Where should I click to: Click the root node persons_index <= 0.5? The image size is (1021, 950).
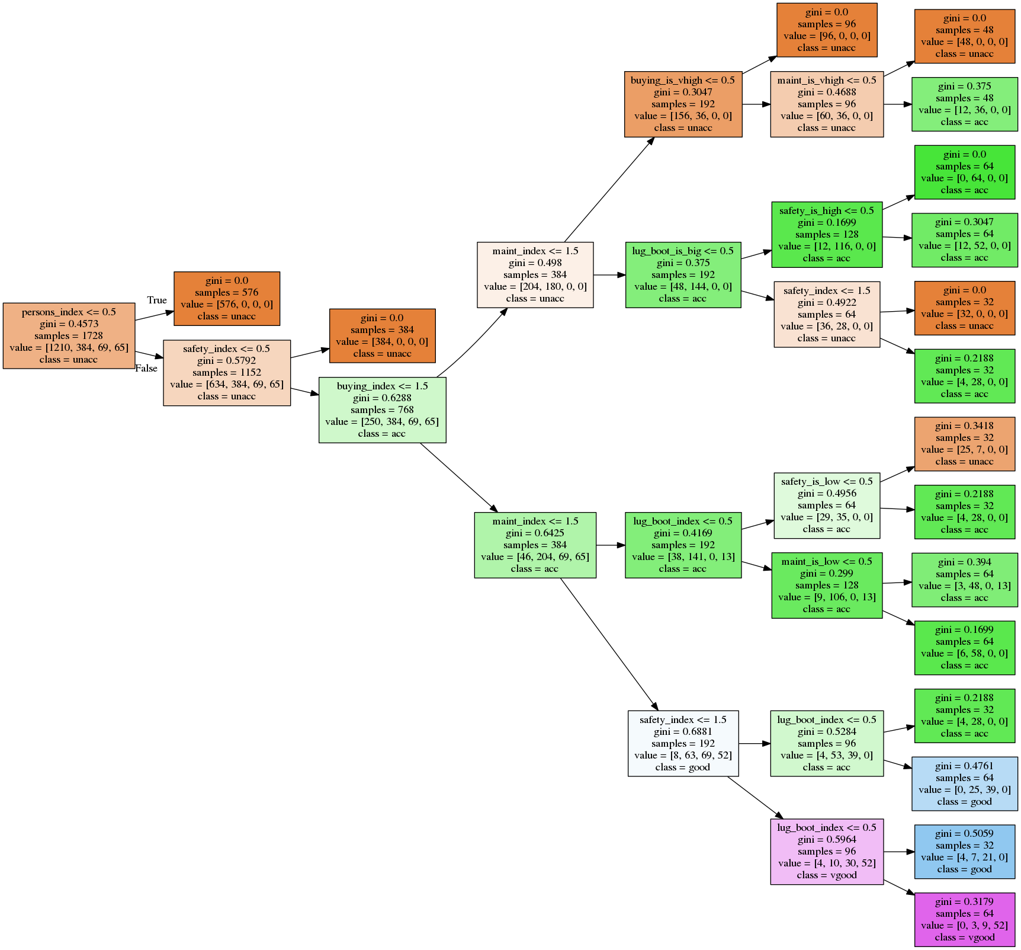tap(69, 335)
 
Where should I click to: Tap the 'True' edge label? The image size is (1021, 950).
tap(157, 300)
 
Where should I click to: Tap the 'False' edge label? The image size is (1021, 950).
tap(146, 369)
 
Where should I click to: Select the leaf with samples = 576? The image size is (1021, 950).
tap(226, 299)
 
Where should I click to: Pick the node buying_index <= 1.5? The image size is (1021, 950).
tap(382, 410)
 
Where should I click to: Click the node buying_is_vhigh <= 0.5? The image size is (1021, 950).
tap(683, 104)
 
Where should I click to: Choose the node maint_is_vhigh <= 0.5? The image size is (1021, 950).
tap(826, 104)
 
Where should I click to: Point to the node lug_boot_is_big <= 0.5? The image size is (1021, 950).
tap(683, 275)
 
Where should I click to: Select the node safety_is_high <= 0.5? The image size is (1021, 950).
tap(826, 235)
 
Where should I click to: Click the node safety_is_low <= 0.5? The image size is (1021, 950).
tap(826, 506)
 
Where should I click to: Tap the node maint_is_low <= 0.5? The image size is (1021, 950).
tap(826, 586)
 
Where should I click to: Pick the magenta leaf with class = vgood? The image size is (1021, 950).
tap(964, 920)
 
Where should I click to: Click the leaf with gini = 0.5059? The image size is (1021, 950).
tap(964, 852)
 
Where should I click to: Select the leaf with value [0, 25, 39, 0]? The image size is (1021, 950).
tap(964, 783)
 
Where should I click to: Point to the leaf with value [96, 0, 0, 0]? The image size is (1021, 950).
tap(826, 30)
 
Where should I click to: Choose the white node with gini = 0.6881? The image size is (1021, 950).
tap(683, 744)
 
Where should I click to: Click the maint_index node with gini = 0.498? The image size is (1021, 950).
tap(535, 275)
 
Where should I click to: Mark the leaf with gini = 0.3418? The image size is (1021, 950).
tap(964, 444)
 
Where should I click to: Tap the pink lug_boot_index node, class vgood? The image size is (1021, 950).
tap(826, 852)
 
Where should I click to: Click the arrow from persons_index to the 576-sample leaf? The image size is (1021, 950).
tap(155, 315)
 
